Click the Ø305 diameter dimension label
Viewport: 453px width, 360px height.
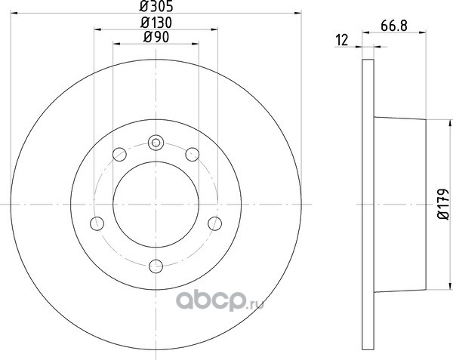tap(156, 6)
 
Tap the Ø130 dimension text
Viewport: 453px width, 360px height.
tap(156, 23)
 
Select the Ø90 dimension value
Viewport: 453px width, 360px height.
tap(156, 37)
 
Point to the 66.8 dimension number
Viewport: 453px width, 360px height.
tap(394, 26)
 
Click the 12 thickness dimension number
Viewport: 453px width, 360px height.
tap(342, 40)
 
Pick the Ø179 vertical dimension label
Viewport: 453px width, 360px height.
tap(443, 205)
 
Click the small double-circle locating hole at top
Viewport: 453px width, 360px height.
tap(156, 143)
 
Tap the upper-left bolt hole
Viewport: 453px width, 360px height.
tap(119, 154)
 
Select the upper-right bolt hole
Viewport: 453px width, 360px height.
tap(192, 154)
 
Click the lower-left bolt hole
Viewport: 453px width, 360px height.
tap(97, 223)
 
